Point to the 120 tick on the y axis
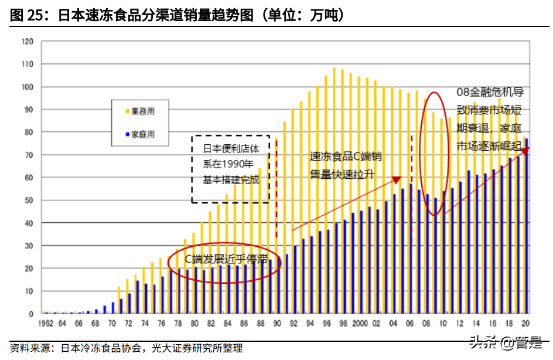[27, 42]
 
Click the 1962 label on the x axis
[46, 324]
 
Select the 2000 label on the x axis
[360, 324]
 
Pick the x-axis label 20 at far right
[526, 324]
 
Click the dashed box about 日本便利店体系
[230, 169]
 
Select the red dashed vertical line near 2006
[411, 188]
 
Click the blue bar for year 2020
[527, 229]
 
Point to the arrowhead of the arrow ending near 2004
[397, 179]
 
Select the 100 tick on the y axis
[27, 87]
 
